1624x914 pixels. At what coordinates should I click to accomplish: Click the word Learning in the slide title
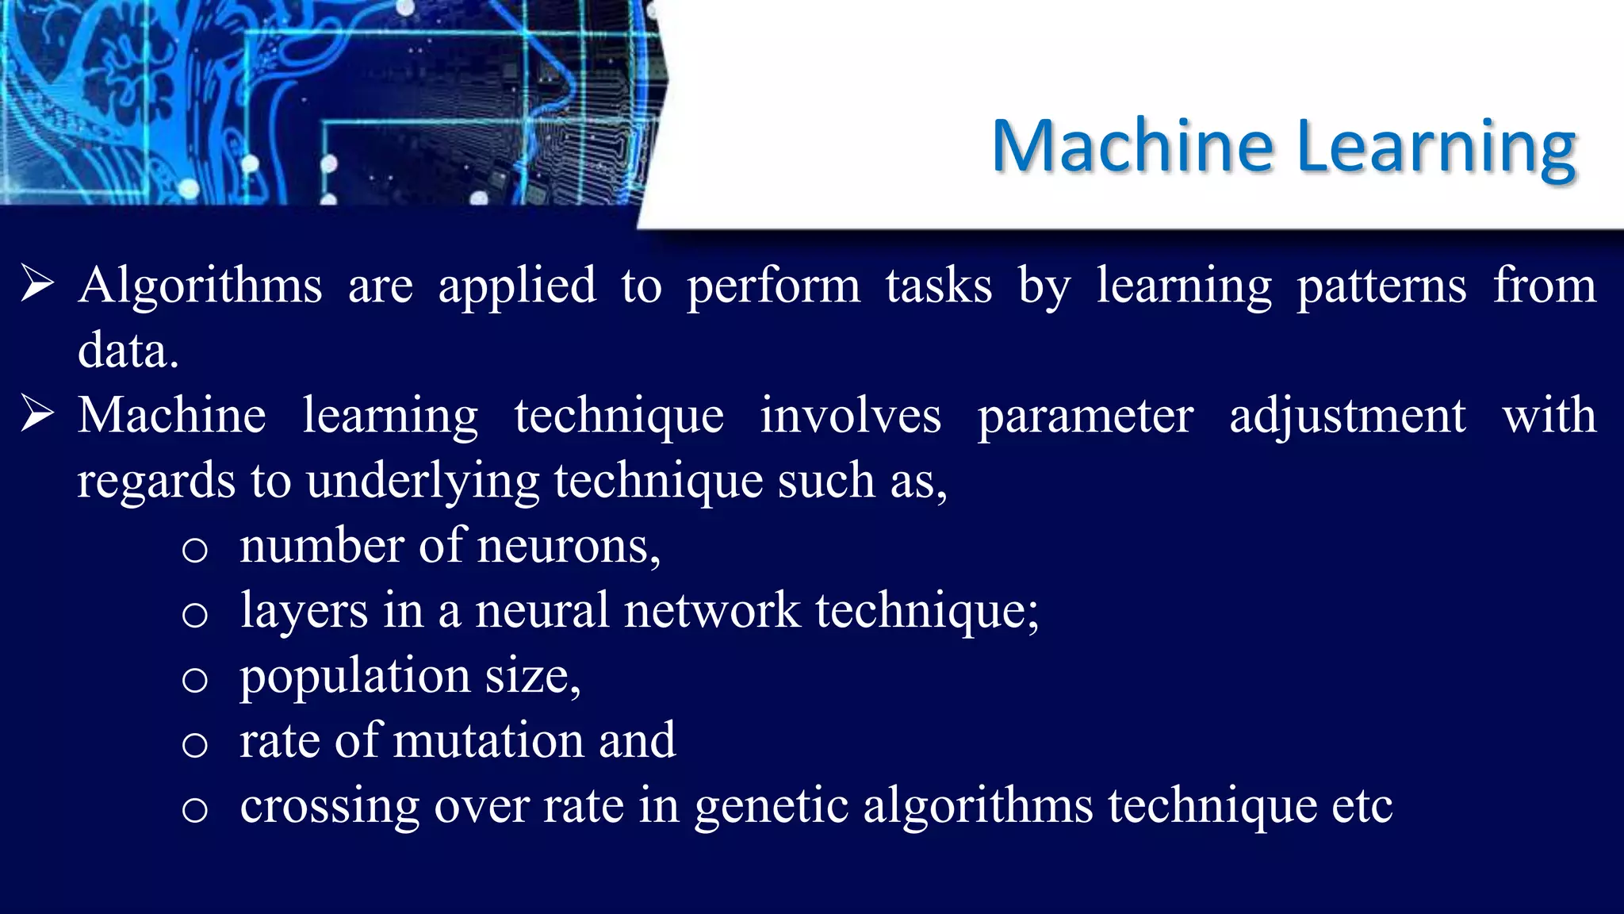(1436, 147)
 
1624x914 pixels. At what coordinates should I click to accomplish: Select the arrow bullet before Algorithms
(37, 284)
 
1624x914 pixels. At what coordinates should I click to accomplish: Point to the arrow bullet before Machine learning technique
(37, 414)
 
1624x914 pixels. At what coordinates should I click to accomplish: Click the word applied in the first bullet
(517, 286)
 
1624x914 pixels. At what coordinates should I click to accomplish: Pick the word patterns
(1381, 286)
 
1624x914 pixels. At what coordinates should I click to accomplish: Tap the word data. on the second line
(128, 350)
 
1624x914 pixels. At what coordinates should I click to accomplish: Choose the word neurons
(569, 547)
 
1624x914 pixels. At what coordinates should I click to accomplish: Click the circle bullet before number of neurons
(194, 550)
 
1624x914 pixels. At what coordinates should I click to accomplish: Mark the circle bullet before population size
(194, 680)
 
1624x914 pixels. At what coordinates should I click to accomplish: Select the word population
(354, 678)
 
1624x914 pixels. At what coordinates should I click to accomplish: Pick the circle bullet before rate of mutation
(194, 745)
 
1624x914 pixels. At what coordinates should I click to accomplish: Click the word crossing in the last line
(329, 807)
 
